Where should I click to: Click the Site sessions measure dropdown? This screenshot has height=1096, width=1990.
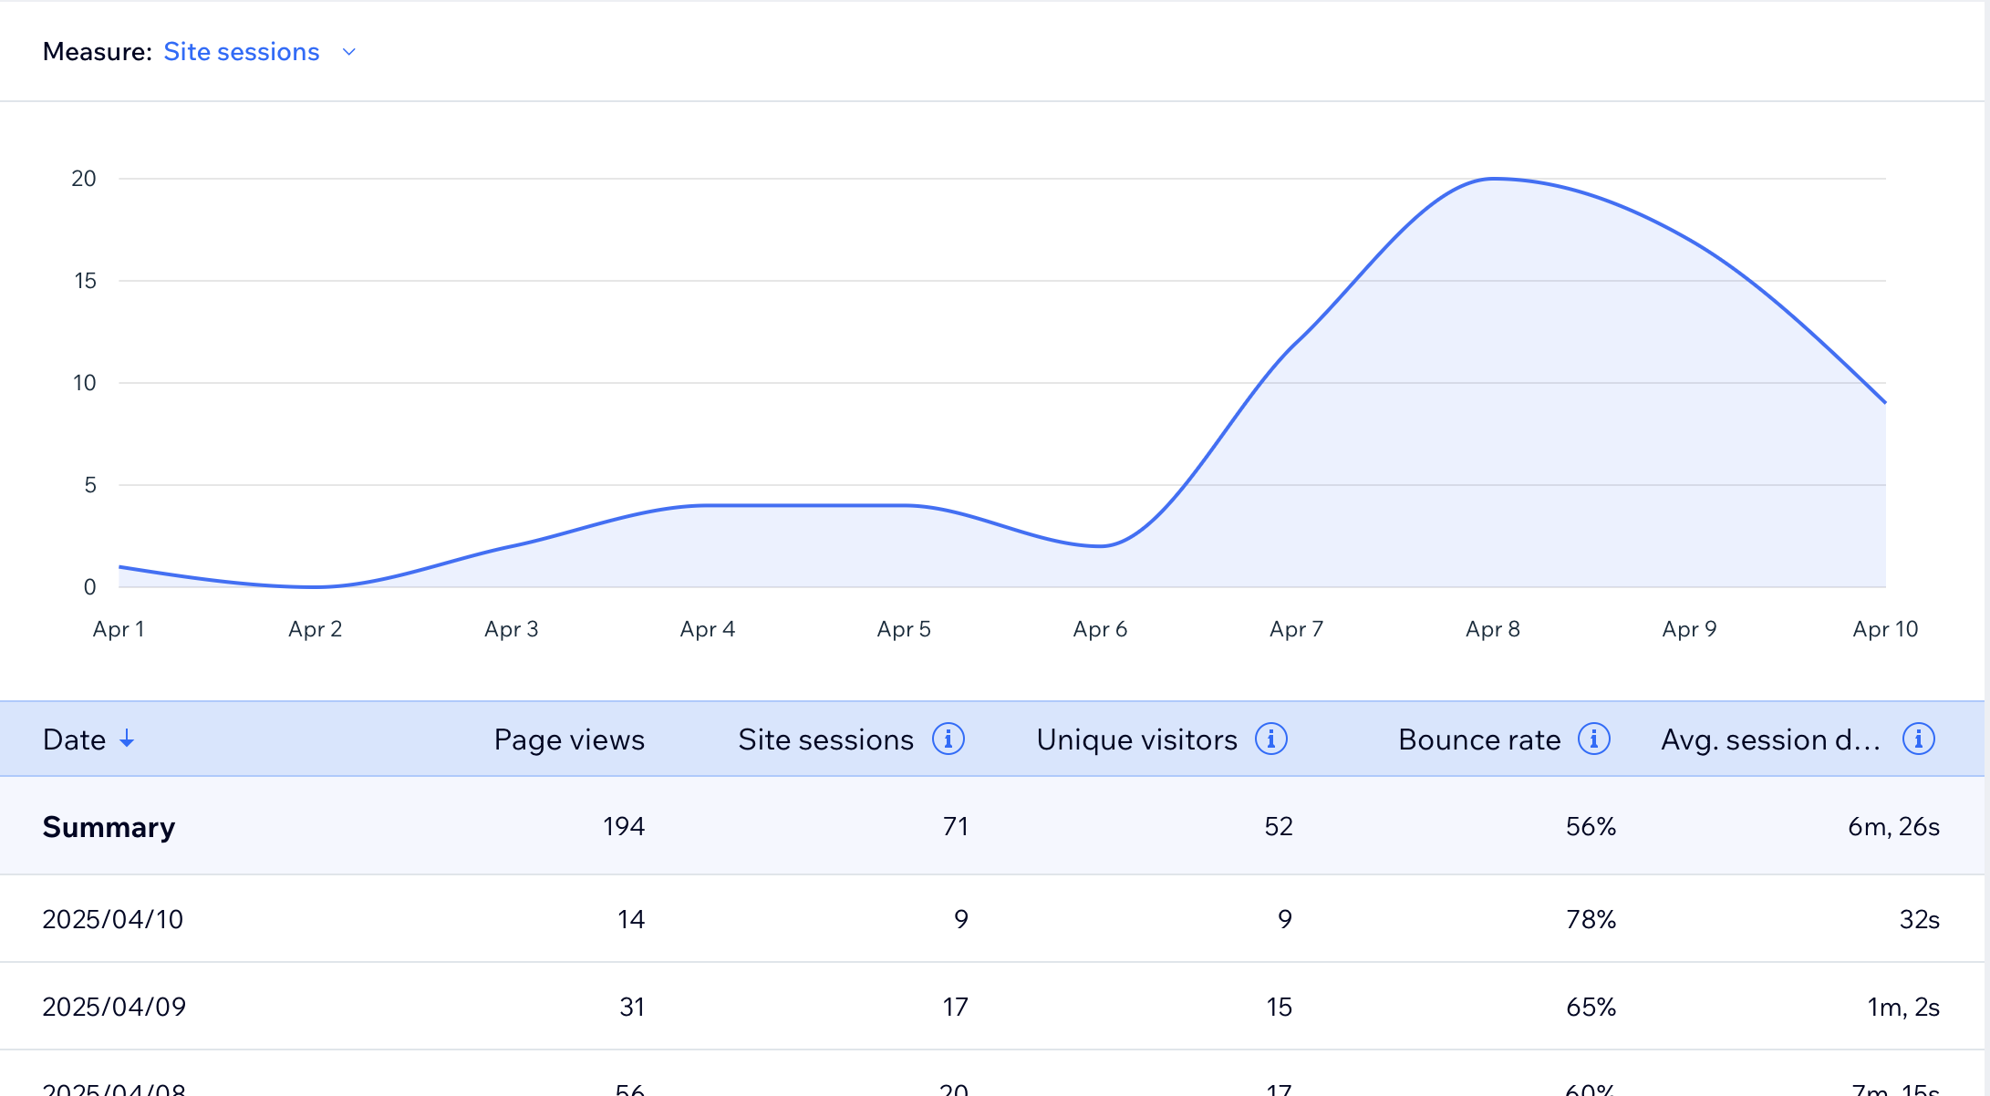tap(259, 52)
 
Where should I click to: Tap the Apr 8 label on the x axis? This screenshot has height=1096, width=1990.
tap(1492, 629)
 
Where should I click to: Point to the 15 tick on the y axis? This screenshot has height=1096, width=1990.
tap(85, 281)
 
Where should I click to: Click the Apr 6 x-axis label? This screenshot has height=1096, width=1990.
tap(1100, 629)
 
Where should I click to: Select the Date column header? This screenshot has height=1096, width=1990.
tap(74, 739)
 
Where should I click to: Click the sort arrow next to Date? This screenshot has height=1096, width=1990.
tap(127, 739)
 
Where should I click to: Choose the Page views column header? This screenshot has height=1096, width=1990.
tap(569, 739)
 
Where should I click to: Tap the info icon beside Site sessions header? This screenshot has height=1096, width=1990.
tap(948, 739)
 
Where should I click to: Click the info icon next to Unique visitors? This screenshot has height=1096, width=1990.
tap(1270, 739)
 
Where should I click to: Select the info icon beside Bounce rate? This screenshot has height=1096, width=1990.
tap(1593, 739)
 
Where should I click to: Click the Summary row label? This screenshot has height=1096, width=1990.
tap(109, 827)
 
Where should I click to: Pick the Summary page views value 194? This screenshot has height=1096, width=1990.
tap(624, 826)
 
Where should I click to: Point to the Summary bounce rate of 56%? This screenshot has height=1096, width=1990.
tap(1591, 826)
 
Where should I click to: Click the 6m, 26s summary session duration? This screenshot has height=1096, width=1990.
tap(1893, 826)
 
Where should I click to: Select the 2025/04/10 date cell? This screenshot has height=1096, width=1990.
tap(113, 919)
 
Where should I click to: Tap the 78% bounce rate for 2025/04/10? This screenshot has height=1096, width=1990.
tap(1591, 919)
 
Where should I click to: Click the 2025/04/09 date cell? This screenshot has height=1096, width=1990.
tap(114, 1007)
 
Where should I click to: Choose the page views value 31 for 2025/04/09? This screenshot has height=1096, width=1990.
tap(632, 1007)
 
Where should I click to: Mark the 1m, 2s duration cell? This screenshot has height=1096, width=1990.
tap(1902, 1007)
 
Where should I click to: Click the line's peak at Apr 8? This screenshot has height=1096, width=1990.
tap(1493, 179)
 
